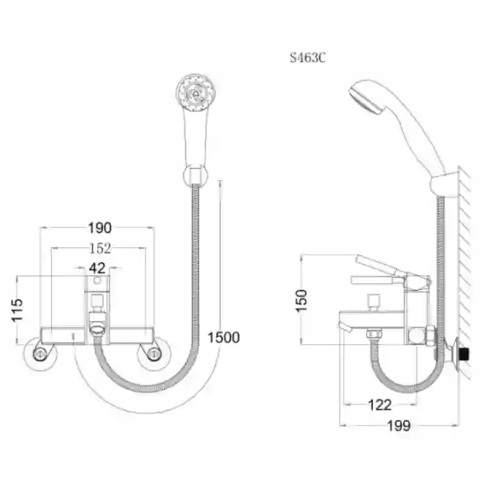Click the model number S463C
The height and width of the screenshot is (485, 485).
coord(307,58)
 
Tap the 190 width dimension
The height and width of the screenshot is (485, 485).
coord(100,228)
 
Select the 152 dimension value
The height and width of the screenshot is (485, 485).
coord(100,248)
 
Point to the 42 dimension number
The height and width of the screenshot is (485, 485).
coord(97,268)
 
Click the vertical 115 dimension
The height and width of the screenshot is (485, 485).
coord(17,310)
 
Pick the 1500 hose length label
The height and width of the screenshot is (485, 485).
coord(223,338)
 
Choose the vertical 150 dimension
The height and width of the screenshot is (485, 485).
coord(301,301)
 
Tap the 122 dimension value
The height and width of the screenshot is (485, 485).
coord(380,404)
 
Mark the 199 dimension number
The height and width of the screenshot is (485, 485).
coord(399,425)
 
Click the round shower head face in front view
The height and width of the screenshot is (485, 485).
coord(195,92)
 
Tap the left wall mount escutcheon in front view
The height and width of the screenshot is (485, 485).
coord(40,354)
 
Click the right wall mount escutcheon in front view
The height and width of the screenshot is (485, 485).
coord(154,354)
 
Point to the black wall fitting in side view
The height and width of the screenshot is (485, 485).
coord(464,354)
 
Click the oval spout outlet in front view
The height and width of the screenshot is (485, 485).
coord(98,328)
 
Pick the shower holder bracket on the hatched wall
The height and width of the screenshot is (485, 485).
coord(444,185)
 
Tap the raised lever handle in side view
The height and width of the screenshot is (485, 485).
coord(380,265)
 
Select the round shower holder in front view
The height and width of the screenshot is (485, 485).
coord(195,176)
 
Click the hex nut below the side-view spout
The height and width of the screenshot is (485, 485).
coord(374,334)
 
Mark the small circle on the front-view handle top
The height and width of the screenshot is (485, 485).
coord(97,281)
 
